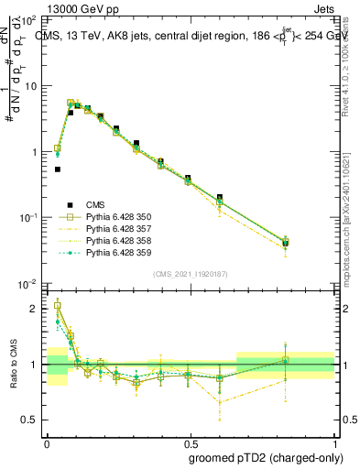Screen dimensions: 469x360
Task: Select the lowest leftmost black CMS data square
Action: click(58, 169)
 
